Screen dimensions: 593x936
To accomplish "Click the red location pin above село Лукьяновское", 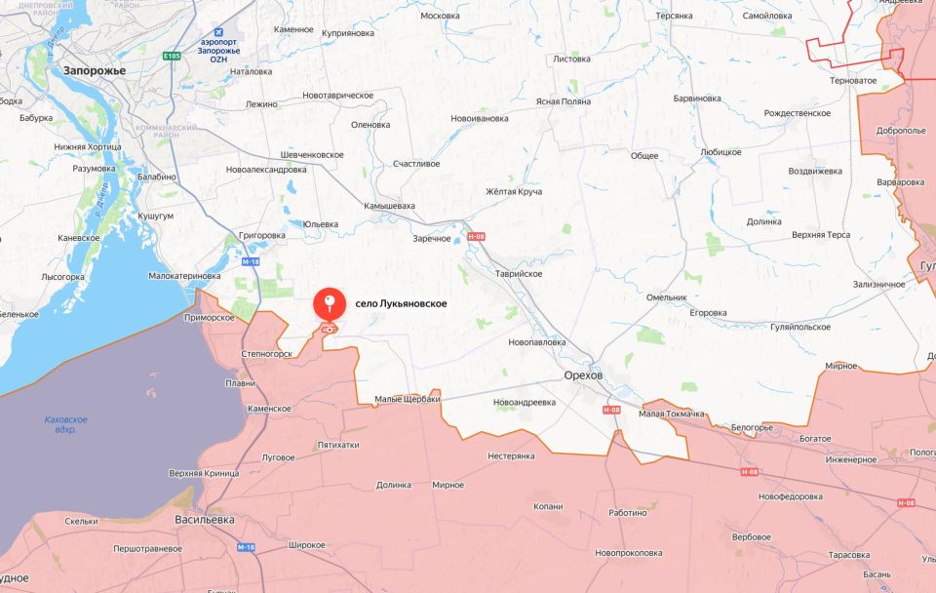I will tap(331, 305).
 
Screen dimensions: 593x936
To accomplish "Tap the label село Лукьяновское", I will tap(400, 304).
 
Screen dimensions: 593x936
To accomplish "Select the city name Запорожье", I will tap(94, 70).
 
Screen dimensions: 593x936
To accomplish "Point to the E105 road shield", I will tap(172, 57).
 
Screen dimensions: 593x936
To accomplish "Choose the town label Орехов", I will tap(583, 376).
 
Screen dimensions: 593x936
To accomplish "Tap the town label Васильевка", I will tap(205, 520).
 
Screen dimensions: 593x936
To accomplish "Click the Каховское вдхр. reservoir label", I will tap(66, 424).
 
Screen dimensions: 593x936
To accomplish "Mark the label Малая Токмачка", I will tap(672, 415).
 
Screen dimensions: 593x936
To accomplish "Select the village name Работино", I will tap(628, 513).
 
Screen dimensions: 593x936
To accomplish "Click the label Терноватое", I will tap(851, 80).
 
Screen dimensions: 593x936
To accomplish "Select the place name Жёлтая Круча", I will tap(514, 191).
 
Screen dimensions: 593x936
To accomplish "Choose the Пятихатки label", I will tap(338, 445).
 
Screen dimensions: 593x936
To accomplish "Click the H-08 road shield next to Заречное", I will tap(476, 236).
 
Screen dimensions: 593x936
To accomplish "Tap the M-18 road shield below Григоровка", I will tap(250, 261).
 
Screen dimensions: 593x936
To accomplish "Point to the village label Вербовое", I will tap(751, 536).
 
